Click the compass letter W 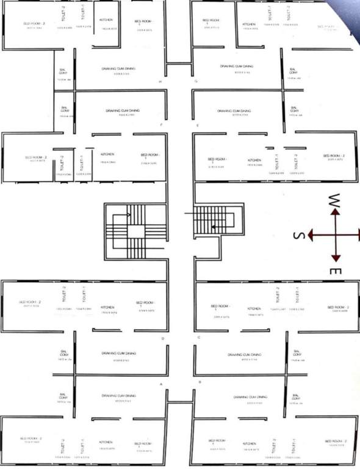click(334, 200)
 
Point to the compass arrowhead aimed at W click(334, 213)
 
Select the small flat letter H click(160, 81)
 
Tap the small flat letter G click(195, 81)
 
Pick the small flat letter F click(160, 125)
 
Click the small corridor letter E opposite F click(198, 125)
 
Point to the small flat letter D click(162, 338)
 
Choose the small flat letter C click(199, 338)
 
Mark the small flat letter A click(160, 384)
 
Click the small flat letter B click(200, 382)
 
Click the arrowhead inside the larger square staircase click(129, 216)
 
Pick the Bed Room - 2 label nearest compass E click(337, 307)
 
